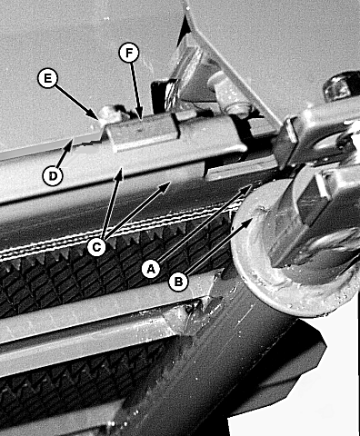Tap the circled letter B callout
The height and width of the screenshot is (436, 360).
179,282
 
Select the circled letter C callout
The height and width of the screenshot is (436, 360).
96,247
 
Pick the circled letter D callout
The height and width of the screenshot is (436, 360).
53,176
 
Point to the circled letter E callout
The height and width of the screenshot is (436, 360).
47,78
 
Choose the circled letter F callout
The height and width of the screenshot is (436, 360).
129,54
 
